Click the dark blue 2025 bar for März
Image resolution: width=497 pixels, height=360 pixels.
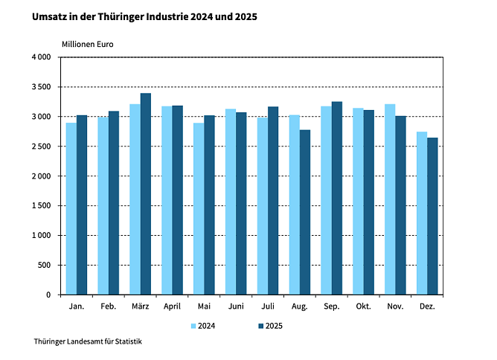[x=146, y=194]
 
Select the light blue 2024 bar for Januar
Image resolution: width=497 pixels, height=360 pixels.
[x=71, y=209]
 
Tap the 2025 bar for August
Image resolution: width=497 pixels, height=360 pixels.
[x=305, y=213]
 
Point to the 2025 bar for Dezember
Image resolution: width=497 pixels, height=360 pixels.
[x=432, y=216]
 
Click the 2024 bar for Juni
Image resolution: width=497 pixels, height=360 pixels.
[x=231, y=202]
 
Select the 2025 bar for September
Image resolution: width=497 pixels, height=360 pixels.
[x=337, y=199]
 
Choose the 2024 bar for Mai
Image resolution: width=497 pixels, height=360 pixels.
[x=199, y=209]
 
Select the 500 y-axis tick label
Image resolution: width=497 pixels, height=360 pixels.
[x=44, y=266]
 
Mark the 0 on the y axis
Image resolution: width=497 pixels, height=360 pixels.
[x=48, y=295]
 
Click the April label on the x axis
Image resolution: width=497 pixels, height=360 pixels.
[x=172, y=306]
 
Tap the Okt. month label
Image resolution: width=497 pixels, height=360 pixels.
[x=363, y=306]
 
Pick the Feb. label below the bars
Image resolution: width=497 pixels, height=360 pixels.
[x=108, y=306]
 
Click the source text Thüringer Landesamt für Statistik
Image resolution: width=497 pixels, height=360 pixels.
[x=87, y=341]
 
